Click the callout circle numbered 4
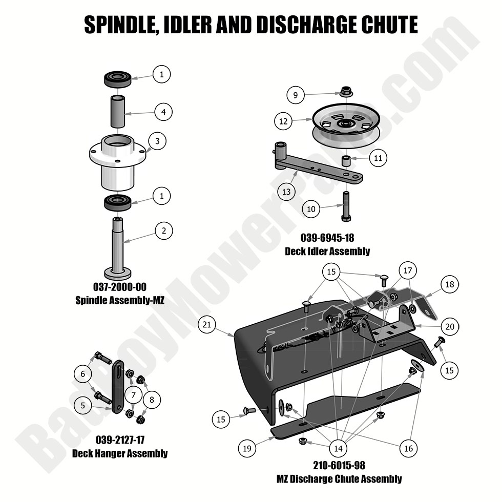(x=163, y=112)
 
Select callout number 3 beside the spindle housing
(x=157, y=140)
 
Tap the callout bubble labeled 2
(x=163, y=231)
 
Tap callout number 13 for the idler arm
(x=286, y=192)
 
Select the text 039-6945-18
(x=328, y=238)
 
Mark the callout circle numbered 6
(x=82, y=374)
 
